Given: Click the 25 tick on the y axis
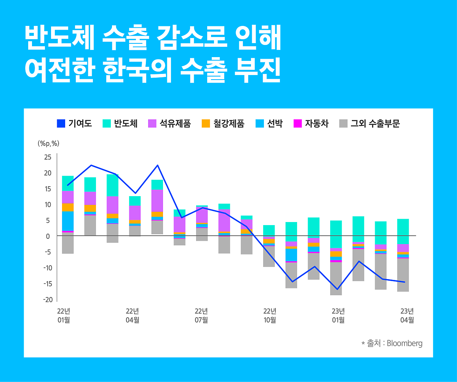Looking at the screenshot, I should (48, 157).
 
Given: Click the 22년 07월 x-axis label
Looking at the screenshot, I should (201, 315).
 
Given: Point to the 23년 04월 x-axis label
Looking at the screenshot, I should (407, 315).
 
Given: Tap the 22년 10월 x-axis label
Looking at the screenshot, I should (270, 315).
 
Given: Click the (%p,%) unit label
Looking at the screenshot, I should (48, 144).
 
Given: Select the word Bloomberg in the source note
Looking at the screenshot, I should (404, 344).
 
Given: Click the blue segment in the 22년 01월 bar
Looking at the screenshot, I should (68, 221).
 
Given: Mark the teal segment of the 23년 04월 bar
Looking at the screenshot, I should (403, 231).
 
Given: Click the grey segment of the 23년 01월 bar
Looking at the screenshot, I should (336, 278).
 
